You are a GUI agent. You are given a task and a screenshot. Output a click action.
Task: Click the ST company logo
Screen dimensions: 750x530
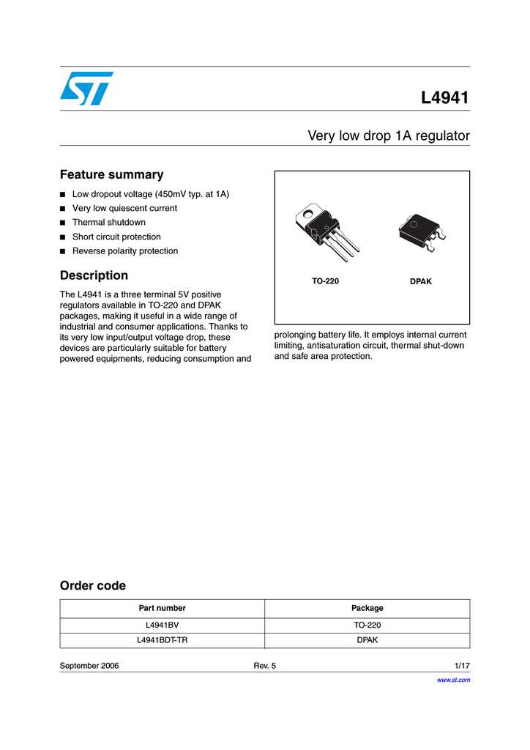[86, 88]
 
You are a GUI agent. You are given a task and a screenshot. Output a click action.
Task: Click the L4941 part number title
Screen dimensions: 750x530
[444, 97]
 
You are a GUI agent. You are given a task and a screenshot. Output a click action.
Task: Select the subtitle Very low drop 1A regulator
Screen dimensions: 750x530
[388, 135]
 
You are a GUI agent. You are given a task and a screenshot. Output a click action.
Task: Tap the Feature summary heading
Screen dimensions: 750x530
[111, 174]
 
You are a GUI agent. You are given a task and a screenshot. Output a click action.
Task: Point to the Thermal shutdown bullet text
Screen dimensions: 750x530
[108, 222]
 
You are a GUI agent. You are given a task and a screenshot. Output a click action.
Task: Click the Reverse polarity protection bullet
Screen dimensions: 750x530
[124, 250]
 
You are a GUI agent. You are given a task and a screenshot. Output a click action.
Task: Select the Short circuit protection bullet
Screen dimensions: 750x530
[116, 237]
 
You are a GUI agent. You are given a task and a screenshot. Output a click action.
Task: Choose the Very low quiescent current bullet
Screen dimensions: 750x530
[124, 208]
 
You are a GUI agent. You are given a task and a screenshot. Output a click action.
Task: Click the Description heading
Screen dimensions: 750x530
[94, 275]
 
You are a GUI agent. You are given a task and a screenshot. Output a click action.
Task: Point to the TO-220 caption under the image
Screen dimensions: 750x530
[325, 281]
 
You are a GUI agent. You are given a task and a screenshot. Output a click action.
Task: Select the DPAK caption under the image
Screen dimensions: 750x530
[421, 281]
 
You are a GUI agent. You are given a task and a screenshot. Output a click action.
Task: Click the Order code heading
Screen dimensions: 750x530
[92, 585]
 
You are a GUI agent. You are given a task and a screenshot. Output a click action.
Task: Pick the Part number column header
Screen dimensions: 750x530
[162, 608]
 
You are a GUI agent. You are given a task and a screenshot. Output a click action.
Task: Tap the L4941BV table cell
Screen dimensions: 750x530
[162, 625]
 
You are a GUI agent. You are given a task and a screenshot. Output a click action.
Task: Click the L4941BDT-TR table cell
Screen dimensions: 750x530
[162, 640]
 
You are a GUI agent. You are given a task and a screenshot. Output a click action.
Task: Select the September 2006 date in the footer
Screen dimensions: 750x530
[89, 666]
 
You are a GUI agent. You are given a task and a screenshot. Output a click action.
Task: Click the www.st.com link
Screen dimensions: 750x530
[453, 680]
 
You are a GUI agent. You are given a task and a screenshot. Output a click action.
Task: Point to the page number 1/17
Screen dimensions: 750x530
[462, 666]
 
